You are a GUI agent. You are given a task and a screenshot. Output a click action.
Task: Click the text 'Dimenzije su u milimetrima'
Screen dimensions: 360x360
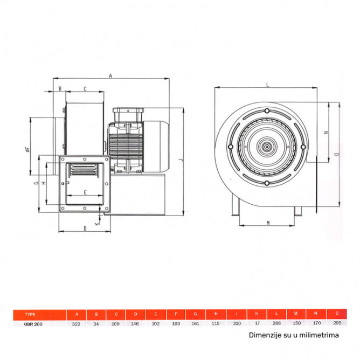(x=294, y=335)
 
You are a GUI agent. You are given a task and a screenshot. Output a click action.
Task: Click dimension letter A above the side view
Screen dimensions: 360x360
(x=110, y=76)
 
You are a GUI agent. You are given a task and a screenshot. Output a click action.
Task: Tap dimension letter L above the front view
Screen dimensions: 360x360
(x=268, y=84)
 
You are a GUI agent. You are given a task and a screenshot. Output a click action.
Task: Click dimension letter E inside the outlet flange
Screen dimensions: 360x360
(x=85, y=192)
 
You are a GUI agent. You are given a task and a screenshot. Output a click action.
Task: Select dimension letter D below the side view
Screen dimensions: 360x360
(x=85, y=229)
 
